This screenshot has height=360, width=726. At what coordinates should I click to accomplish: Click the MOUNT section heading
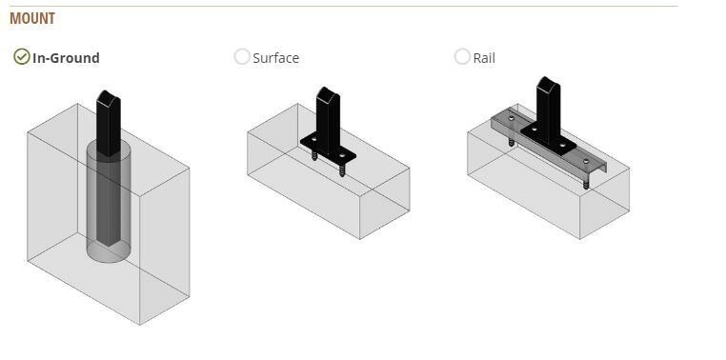click(32, 18)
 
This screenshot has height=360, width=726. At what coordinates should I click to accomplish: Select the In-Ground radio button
click(22, 56)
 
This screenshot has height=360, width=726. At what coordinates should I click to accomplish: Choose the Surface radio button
click(242, 56)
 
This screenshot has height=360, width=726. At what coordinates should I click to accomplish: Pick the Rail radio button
click(462, 56)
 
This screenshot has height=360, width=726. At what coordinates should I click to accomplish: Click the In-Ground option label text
click(66, 58)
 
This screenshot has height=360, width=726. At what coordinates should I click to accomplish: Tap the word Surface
click(276, 58)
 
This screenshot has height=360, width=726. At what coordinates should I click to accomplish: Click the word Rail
click(484, 58)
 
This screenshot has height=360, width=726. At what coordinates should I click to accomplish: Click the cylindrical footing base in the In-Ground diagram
click(109, 252)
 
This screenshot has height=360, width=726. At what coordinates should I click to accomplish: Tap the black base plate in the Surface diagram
click(328, 149)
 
